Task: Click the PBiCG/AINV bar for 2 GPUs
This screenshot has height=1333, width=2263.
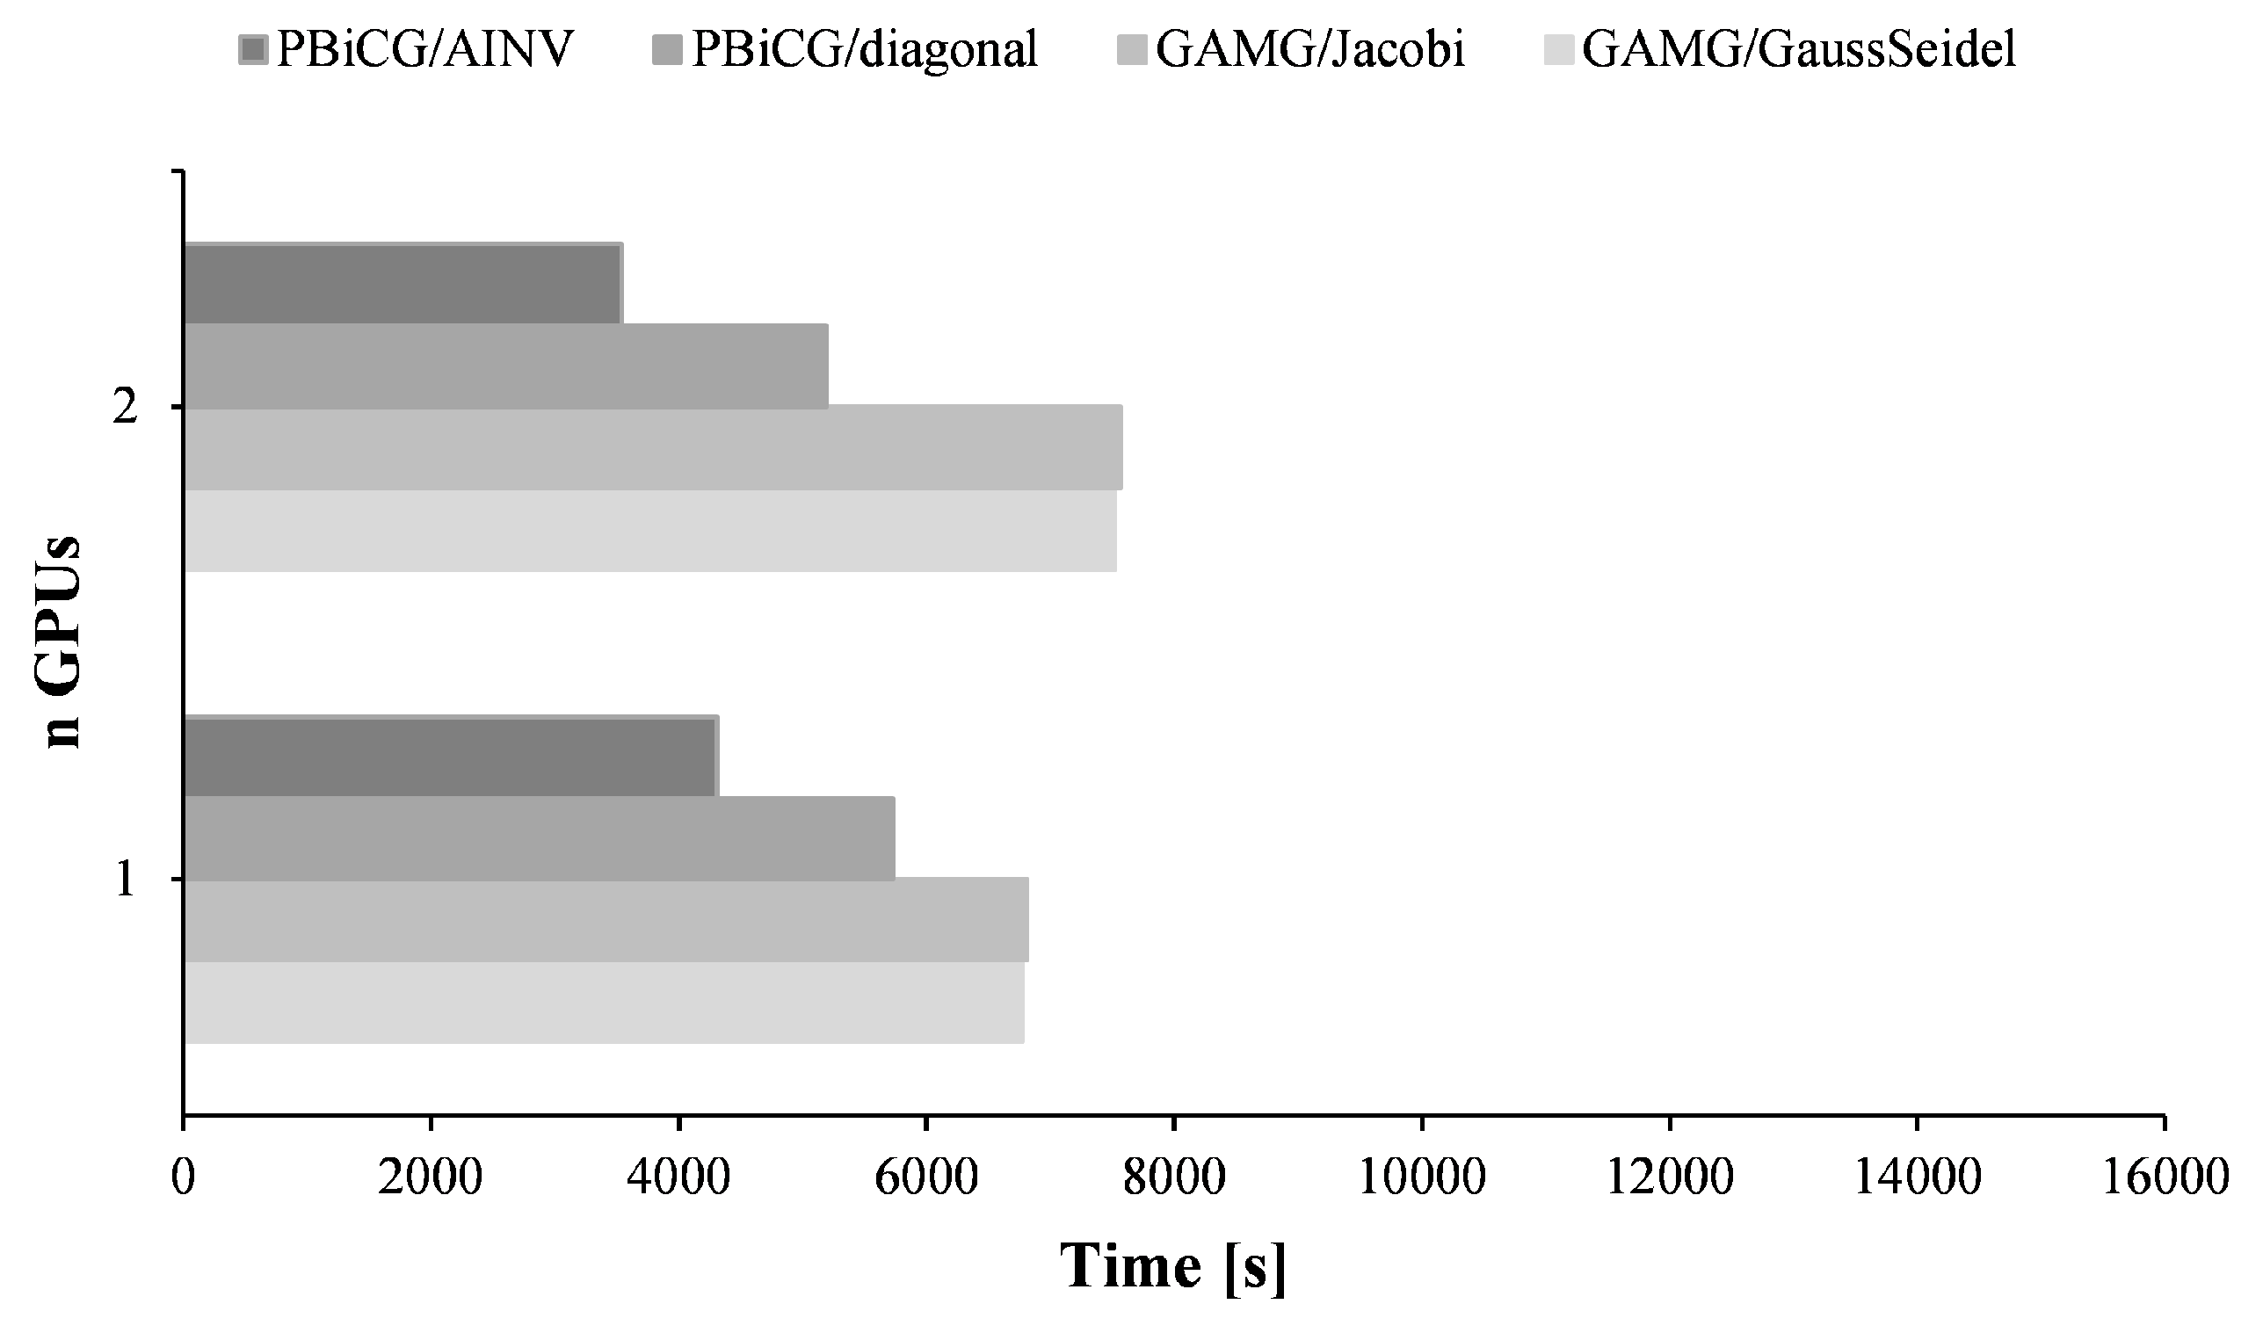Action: [403, 284]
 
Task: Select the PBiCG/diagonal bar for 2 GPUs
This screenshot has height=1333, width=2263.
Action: [506, 366]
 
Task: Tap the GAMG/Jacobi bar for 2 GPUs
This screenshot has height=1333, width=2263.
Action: [653, 448]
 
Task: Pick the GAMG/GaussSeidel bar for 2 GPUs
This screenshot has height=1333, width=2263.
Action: [649, 531]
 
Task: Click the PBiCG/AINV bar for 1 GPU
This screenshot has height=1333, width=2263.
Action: [450, 757]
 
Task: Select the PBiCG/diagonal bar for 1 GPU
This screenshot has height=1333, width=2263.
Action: [539, 839]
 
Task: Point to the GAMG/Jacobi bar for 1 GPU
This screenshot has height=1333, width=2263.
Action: [606, 921]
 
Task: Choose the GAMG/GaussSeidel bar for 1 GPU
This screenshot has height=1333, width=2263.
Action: [603, 1003]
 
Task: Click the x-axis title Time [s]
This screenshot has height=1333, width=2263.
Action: [1173, 1267]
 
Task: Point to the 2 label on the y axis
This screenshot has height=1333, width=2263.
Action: [125, 409]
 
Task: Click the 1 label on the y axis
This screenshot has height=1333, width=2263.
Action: [125, 880]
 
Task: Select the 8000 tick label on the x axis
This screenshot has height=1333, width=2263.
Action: [1174, 1177]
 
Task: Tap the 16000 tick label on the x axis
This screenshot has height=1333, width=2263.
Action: [2165, 1177]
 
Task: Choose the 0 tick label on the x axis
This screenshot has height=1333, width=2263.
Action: [184, 1177]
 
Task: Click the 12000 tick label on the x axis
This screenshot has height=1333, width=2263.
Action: [1668, 1177]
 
